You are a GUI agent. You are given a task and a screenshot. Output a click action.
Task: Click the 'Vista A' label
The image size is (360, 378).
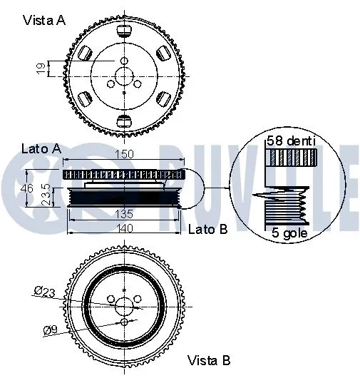tap(43, 20)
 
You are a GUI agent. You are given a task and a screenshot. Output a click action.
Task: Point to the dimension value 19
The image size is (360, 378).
tap(41, 68)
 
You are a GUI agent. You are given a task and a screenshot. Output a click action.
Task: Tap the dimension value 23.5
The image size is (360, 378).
tap(45, 195)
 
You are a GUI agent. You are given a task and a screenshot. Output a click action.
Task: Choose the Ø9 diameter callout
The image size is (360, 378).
tap(50, 330)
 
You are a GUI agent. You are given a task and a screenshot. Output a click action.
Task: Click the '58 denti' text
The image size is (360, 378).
tap(291, 141)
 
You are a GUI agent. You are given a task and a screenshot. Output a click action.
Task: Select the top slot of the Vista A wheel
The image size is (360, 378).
tap(123, 31)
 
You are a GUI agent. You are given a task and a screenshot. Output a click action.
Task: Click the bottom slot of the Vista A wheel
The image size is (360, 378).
tap(123, 118)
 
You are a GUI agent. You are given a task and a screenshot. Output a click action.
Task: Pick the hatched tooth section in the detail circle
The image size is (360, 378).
tap(291, 158)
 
